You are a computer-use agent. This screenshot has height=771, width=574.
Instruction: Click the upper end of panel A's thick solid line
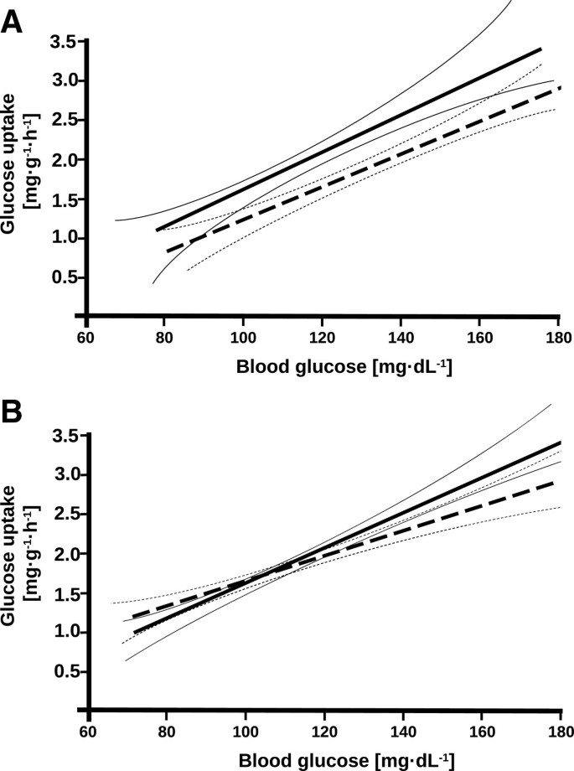[541, 49]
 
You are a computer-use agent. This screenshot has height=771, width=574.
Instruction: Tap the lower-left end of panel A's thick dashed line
[167, 251]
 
